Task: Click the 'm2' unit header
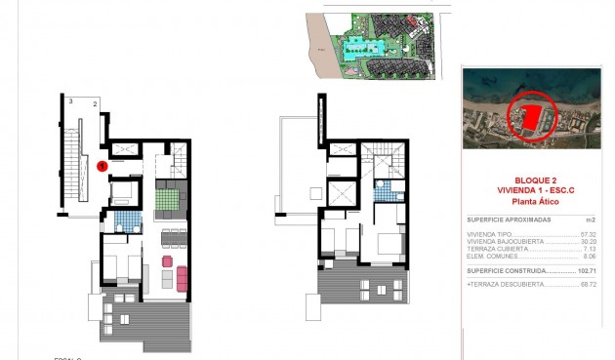tap(590, 220)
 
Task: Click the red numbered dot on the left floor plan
tap(103, 167)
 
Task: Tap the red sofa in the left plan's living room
tap(166, 261)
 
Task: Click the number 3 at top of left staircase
tap(70, 100)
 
